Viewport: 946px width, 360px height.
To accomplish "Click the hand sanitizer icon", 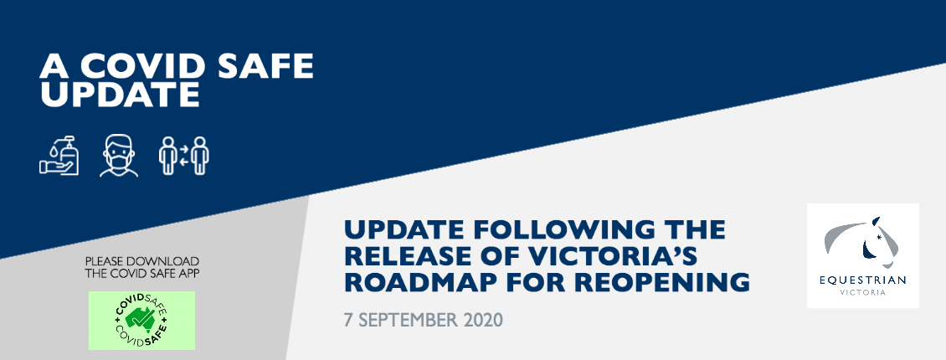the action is (x=59, y=155).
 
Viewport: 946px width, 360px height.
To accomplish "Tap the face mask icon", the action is (x=119, y=156).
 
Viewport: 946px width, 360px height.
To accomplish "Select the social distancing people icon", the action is (x=184, y=156).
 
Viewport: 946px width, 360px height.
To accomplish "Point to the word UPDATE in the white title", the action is (x=120, y=94).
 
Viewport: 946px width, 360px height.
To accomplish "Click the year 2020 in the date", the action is (x=483, y=320).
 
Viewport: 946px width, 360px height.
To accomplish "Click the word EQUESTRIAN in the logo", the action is (x=863, y=280).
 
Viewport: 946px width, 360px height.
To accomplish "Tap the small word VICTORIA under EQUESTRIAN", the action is (x=863, y=293).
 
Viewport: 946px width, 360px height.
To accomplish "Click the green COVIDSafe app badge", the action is (x=141, y=321).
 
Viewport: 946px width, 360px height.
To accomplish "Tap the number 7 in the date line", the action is (x=348, y=320).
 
